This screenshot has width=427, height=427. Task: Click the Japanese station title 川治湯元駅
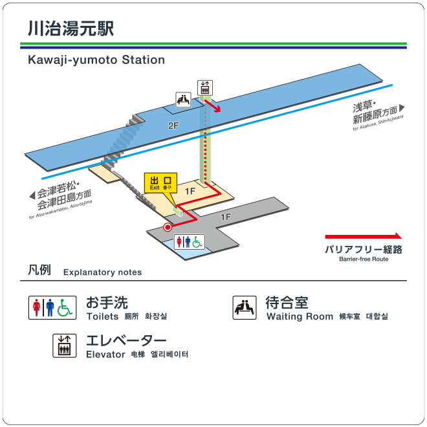(71, 29)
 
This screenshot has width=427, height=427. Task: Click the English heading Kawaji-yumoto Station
(96, 60)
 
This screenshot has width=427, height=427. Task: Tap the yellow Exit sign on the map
(159, 182)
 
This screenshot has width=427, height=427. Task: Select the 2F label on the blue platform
(173, 125)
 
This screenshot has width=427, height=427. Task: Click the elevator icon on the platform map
(205, 87)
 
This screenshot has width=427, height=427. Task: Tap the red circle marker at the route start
(168, 227)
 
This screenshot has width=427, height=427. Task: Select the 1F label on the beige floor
(190, 191)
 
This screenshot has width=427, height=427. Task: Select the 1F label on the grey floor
(225, 217)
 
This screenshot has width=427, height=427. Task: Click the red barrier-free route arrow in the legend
(363, 237)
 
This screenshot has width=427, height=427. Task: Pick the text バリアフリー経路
(363, 249)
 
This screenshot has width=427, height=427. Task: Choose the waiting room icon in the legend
(244, 308)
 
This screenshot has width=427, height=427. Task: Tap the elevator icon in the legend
(63, 345)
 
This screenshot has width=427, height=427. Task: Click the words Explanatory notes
(102, 272)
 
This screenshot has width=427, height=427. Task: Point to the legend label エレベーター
(126, 340)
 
